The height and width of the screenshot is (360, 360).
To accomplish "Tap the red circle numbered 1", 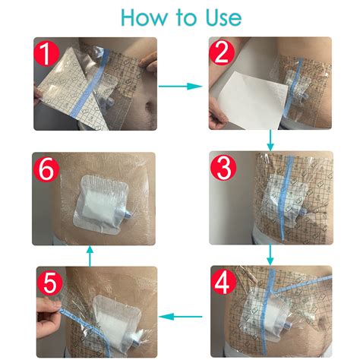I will pyautogui.click(x=49, y=55).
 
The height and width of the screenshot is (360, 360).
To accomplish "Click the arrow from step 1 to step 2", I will pyautogui.click(x=182, y=87).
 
